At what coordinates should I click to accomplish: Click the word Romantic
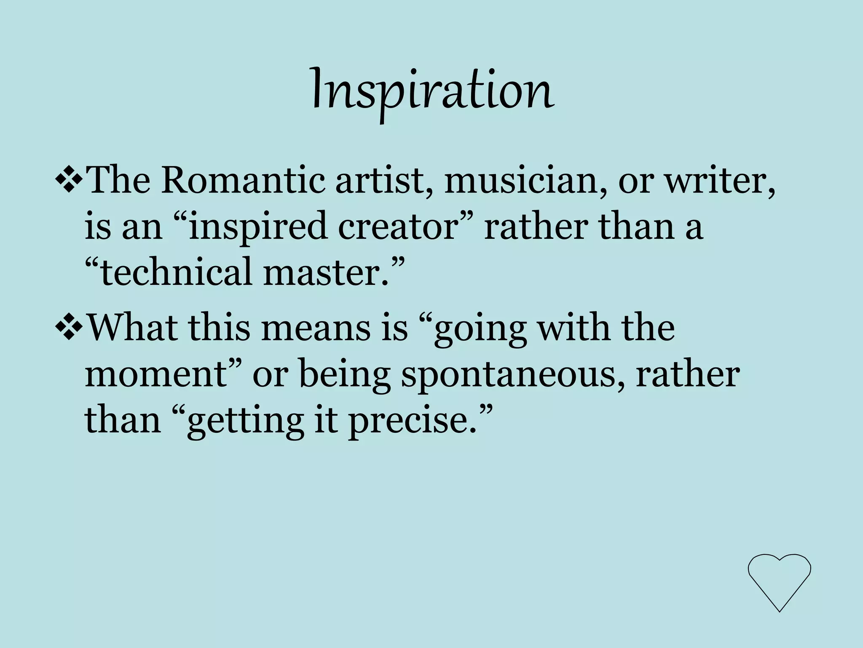tap(243, 181)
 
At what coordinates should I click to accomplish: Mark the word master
tap(324, 273)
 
